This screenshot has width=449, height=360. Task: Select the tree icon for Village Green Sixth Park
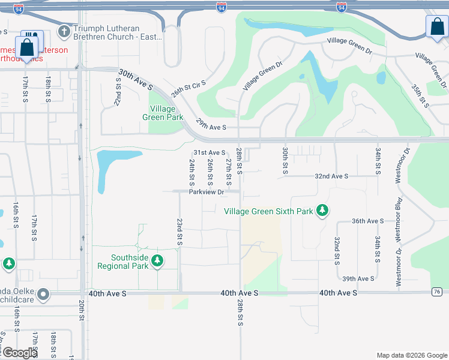(x=323, y=211)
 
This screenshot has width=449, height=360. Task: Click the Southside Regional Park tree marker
(x=157, y=261)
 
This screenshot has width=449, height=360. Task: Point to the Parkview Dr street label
(x=206, y=192)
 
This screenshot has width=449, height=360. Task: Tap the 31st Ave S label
(x=209, y=153)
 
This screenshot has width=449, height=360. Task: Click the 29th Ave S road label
(x=211, y=127)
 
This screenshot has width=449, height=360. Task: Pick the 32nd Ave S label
(x=332, y=176)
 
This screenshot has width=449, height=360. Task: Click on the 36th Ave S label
(x=367, y=221)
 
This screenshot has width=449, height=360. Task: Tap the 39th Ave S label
(x=358, y=278)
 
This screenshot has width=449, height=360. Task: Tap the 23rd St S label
(x=179, y=231)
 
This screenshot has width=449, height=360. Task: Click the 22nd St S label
(x=119, y=91)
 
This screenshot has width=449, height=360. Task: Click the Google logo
(x=20, y=353)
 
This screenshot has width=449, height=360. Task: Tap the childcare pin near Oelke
(x=43, y=295)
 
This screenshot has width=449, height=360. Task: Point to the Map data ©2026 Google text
(x=411, y=355)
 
